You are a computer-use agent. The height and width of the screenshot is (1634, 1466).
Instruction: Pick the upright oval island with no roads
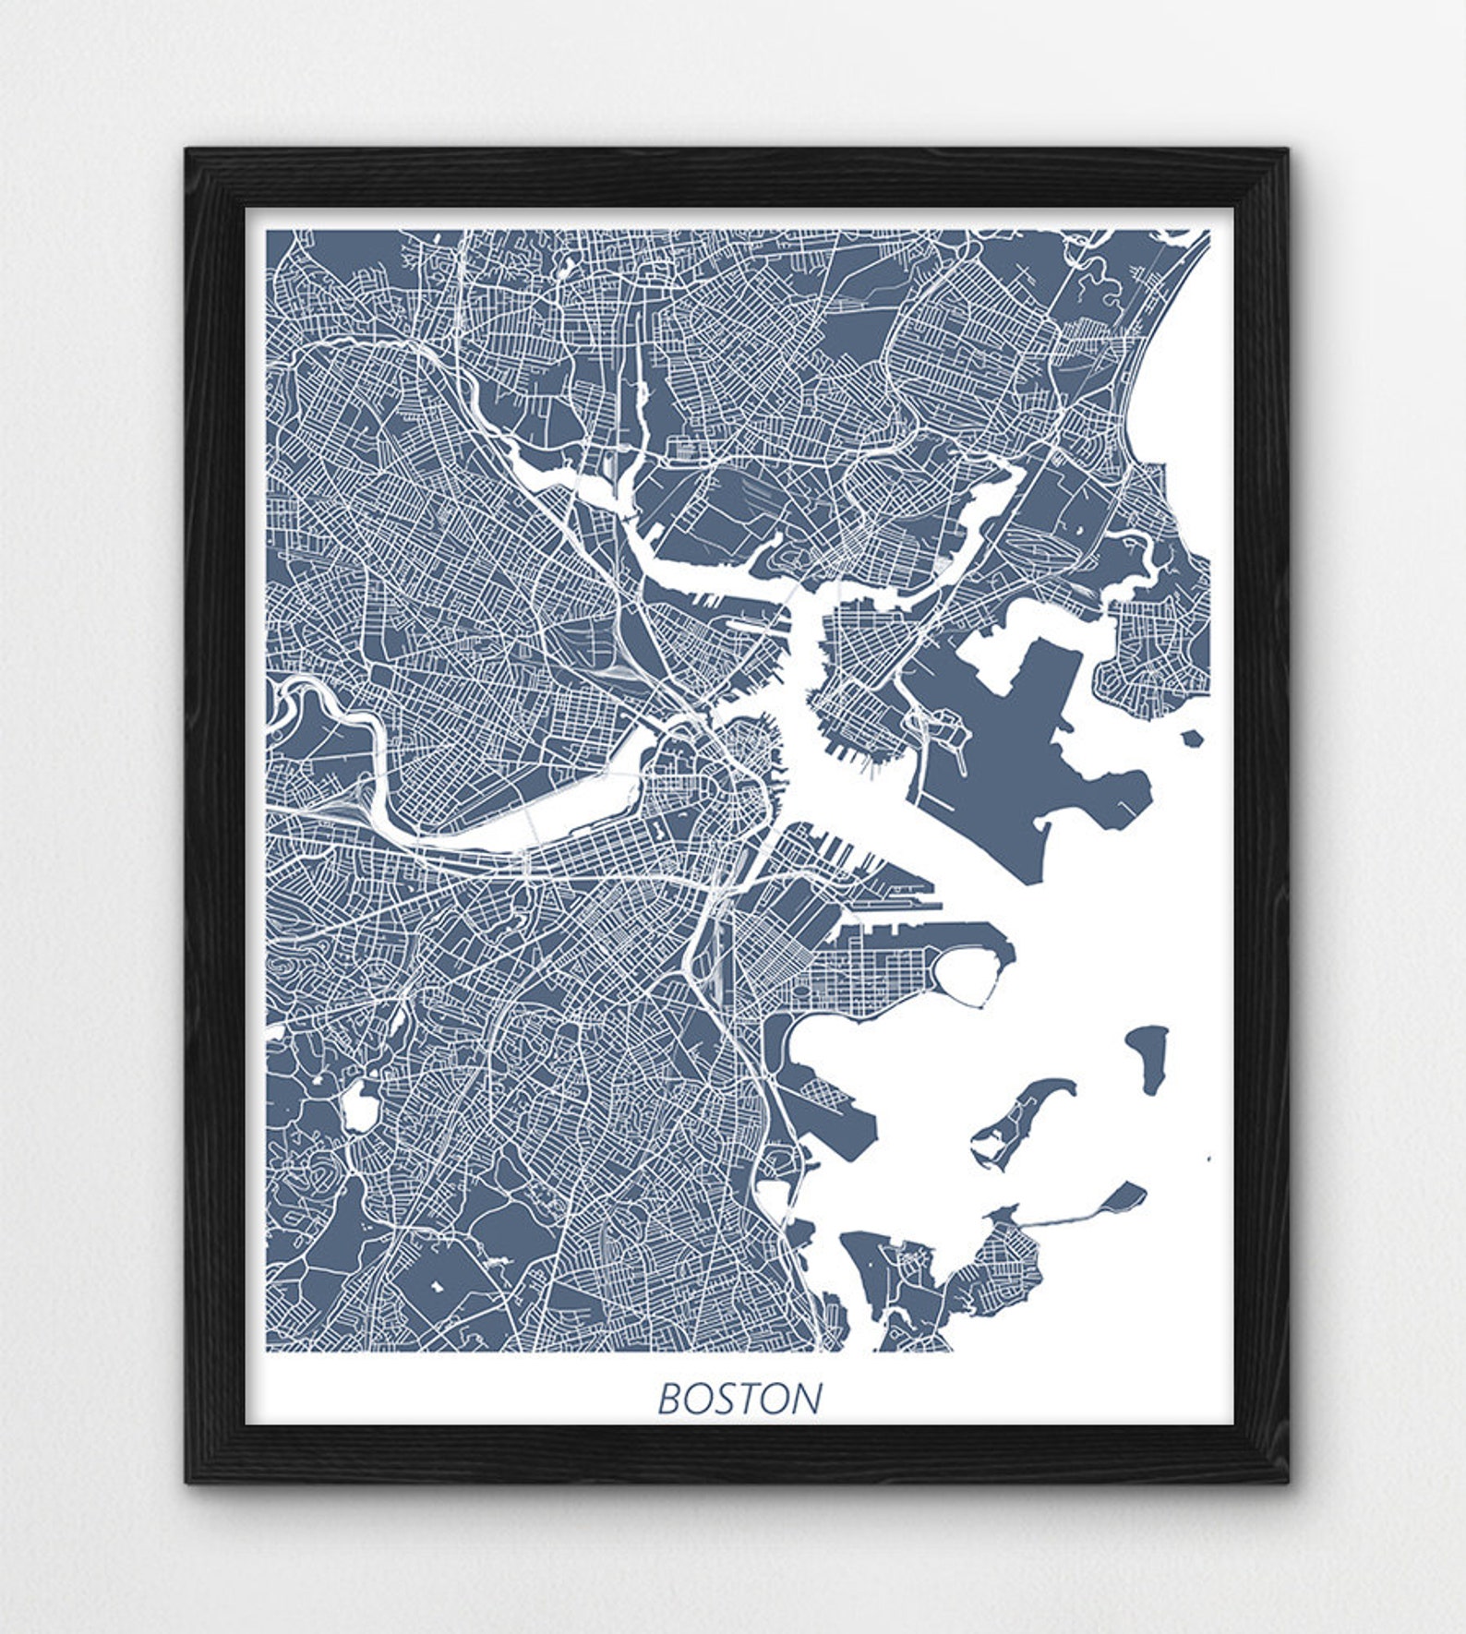[1148, 1057]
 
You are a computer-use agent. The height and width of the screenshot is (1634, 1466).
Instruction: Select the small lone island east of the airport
[1193, 738]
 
